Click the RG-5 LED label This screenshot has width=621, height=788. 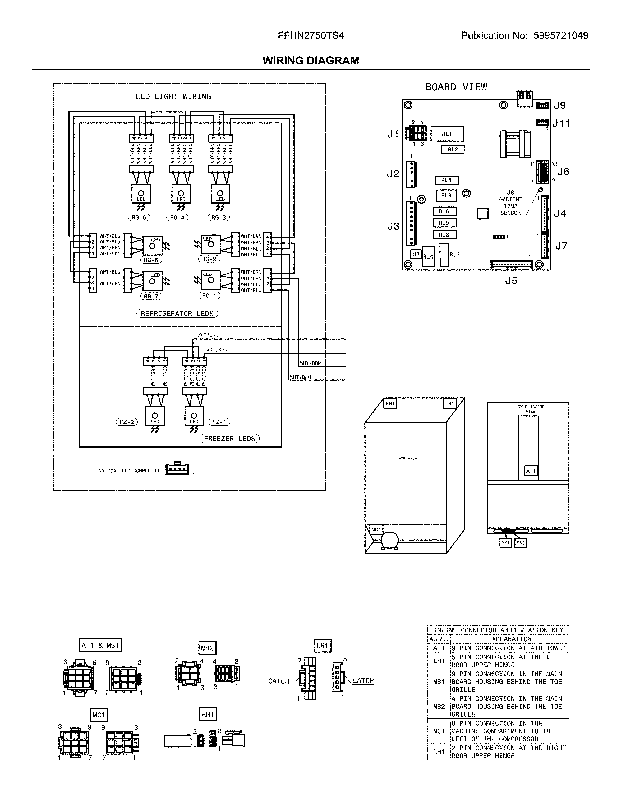139,218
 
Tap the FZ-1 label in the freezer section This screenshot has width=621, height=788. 219,422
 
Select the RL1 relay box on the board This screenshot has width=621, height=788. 447,134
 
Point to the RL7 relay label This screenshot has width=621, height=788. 454,255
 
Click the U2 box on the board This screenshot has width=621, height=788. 416,254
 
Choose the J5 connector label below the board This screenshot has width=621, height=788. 511,281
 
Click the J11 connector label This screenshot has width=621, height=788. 561,124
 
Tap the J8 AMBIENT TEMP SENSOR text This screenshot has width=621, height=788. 510,203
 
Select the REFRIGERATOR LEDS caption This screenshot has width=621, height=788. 177,314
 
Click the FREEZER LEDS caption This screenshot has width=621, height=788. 229,439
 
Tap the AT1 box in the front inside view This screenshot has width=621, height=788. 531,471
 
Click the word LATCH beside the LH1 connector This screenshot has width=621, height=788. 363,681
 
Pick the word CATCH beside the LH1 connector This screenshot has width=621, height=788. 278,681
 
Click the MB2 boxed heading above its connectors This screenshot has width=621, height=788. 207,648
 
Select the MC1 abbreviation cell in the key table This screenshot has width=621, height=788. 439,731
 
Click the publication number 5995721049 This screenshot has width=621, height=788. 561,36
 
